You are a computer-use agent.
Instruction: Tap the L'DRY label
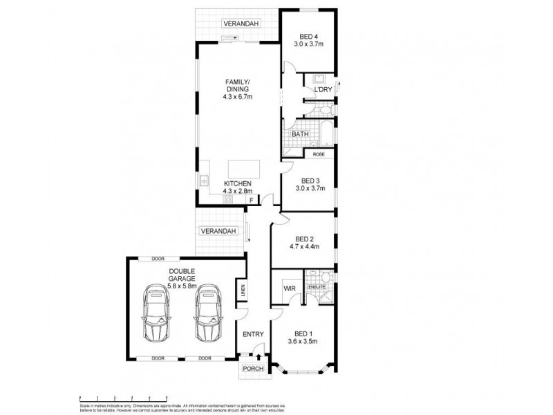click(x=322, y=90)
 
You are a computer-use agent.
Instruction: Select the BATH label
click(x=299, y=134)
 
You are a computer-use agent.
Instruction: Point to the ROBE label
click(x=319, y=154)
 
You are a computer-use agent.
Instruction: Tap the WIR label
click(x=290, y=288)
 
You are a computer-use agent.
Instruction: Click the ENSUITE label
click(x=317, y=286)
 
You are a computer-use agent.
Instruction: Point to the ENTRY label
click(x=253, y=335)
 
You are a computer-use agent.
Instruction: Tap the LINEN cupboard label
click(x=243, y=292)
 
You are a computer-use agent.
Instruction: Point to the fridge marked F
click(x=251, y=199)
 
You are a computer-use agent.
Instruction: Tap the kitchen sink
click(x=205, y=181)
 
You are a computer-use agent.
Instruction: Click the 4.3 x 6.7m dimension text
click(x=237, y=98)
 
